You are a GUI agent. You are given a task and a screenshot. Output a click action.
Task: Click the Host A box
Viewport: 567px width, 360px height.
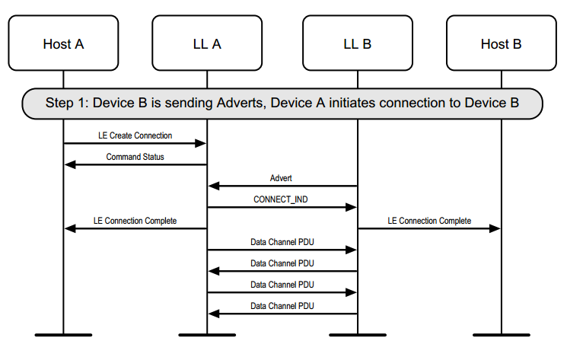tap(63, 43)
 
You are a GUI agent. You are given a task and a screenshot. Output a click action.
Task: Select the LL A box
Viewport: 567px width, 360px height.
tap(206, 43)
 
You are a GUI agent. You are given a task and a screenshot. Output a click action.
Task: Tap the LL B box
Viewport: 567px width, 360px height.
tap(357, 43)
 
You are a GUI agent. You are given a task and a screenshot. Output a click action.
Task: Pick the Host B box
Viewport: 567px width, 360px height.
tap(501, 43)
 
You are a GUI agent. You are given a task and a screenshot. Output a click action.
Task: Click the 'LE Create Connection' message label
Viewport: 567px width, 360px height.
tap(135, 135)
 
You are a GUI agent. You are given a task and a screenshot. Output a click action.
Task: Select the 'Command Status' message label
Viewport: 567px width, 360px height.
tap(135, 157)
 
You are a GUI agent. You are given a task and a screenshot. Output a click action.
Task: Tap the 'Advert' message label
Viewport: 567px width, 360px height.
tap(281, 178)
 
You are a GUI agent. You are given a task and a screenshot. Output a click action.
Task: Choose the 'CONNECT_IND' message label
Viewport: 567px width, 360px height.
tap(281, 199)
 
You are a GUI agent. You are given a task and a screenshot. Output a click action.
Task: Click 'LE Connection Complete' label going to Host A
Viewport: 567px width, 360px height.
tap(135, 221)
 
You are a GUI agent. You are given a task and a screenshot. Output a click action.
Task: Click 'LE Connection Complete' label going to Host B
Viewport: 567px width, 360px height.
tap(429, 221)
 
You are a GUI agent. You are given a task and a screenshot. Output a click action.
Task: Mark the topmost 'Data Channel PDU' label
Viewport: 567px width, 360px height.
tap(282, 242)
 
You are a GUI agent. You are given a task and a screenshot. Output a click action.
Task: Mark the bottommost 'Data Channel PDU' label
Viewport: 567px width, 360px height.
tap(282, 306)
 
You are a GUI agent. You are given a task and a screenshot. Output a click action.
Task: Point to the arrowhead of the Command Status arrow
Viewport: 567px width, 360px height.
tap(69, 164)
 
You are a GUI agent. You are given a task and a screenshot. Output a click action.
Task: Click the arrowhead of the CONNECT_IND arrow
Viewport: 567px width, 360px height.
tap(352, 207)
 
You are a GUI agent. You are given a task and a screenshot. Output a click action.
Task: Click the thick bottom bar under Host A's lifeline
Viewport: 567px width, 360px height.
tap(63, 334)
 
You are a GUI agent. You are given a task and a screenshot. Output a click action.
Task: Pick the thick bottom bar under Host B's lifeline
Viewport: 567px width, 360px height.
tap(501, 334)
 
